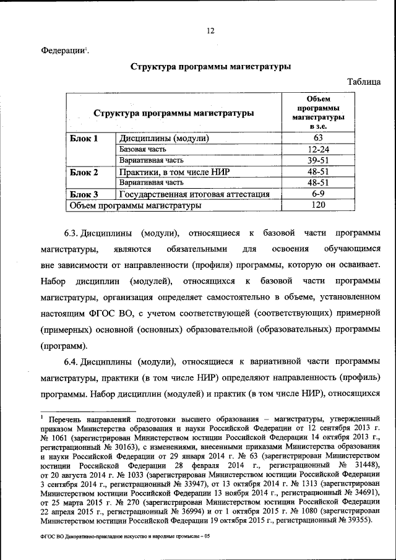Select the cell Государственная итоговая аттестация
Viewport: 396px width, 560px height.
coord(194,194)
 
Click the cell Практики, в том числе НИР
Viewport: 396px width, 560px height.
coord(170,172)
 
